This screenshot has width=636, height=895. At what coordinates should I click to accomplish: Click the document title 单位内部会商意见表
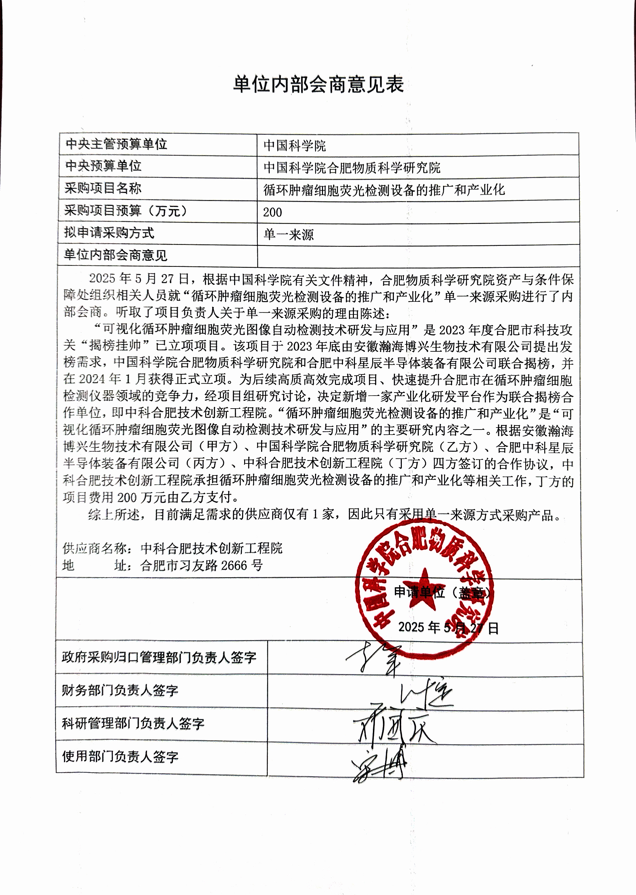(318, 85)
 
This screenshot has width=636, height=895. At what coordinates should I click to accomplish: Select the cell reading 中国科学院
(294, 146)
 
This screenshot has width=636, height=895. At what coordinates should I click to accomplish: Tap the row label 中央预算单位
(103, 166)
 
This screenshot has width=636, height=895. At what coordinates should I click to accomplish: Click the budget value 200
(272, 212)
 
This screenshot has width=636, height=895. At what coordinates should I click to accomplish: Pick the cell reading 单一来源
(289, 235)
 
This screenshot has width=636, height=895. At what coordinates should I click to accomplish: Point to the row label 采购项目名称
(103, 188)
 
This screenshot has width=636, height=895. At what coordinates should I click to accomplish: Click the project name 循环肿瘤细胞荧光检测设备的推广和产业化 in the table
(384, 190)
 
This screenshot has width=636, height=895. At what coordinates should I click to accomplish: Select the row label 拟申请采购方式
(109, 233)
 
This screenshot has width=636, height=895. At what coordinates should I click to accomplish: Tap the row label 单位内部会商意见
(115, 256)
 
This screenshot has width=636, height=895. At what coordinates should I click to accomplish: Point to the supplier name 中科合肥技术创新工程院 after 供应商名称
(212, 548)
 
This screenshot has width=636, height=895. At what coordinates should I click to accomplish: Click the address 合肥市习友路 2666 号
(202, 566)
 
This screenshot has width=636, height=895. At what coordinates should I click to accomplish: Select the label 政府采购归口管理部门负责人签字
(159, 657)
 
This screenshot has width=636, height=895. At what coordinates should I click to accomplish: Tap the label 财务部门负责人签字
(120, 690)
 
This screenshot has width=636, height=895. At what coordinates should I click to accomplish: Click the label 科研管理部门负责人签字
(133, 723)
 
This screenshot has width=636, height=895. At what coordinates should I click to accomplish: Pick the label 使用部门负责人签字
(120, 756)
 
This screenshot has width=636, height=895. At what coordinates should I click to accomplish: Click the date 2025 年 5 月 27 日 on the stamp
(448, 627)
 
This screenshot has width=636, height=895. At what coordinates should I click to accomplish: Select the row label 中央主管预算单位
(116, 144)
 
